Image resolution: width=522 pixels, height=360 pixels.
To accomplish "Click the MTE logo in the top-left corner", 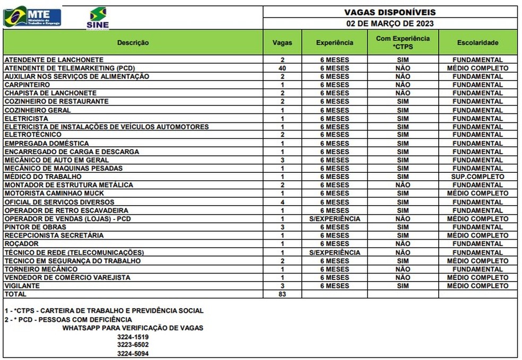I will (x=32, y=16).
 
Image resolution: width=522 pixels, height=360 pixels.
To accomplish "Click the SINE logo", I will (x=98, y=18).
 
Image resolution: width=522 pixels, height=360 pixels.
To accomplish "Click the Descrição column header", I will (x=133, y=42).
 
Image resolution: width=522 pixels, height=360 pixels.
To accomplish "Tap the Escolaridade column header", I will (x=477, y=42).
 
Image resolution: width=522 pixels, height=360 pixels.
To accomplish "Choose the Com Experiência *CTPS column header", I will (x=403, y=42).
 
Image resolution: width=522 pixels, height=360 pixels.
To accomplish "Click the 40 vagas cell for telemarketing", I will (x=282, y=68).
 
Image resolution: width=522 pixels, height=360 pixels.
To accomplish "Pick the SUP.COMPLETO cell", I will (x=477, y=177).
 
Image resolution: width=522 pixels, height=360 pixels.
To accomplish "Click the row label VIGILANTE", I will (x=22, y=286).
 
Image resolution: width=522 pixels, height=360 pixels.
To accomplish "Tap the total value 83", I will (x=282, y=294).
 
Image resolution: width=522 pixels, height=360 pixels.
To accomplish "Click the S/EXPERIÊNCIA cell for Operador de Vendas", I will (x=334, y=218).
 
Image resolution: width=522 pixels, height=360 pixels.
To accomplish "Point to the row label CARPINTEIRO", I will (x=27, y=85).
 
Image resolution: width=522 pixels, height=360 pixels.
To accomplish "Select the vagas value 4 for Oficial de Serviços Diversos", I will (x=282, y=202).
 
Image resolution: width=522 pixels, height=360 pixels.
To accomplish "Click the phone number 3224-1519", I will (x=133, y=337).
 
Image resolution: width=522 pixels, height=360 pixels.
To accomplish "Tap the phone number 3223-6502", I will (x=133, y=345).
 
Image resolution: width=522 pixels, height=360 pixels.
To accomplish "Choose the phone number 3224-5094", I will (x=133, y=353).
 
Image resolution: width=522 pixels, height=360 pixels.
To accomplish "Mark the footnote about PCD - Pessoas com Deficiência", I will (x=68, y=320).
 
